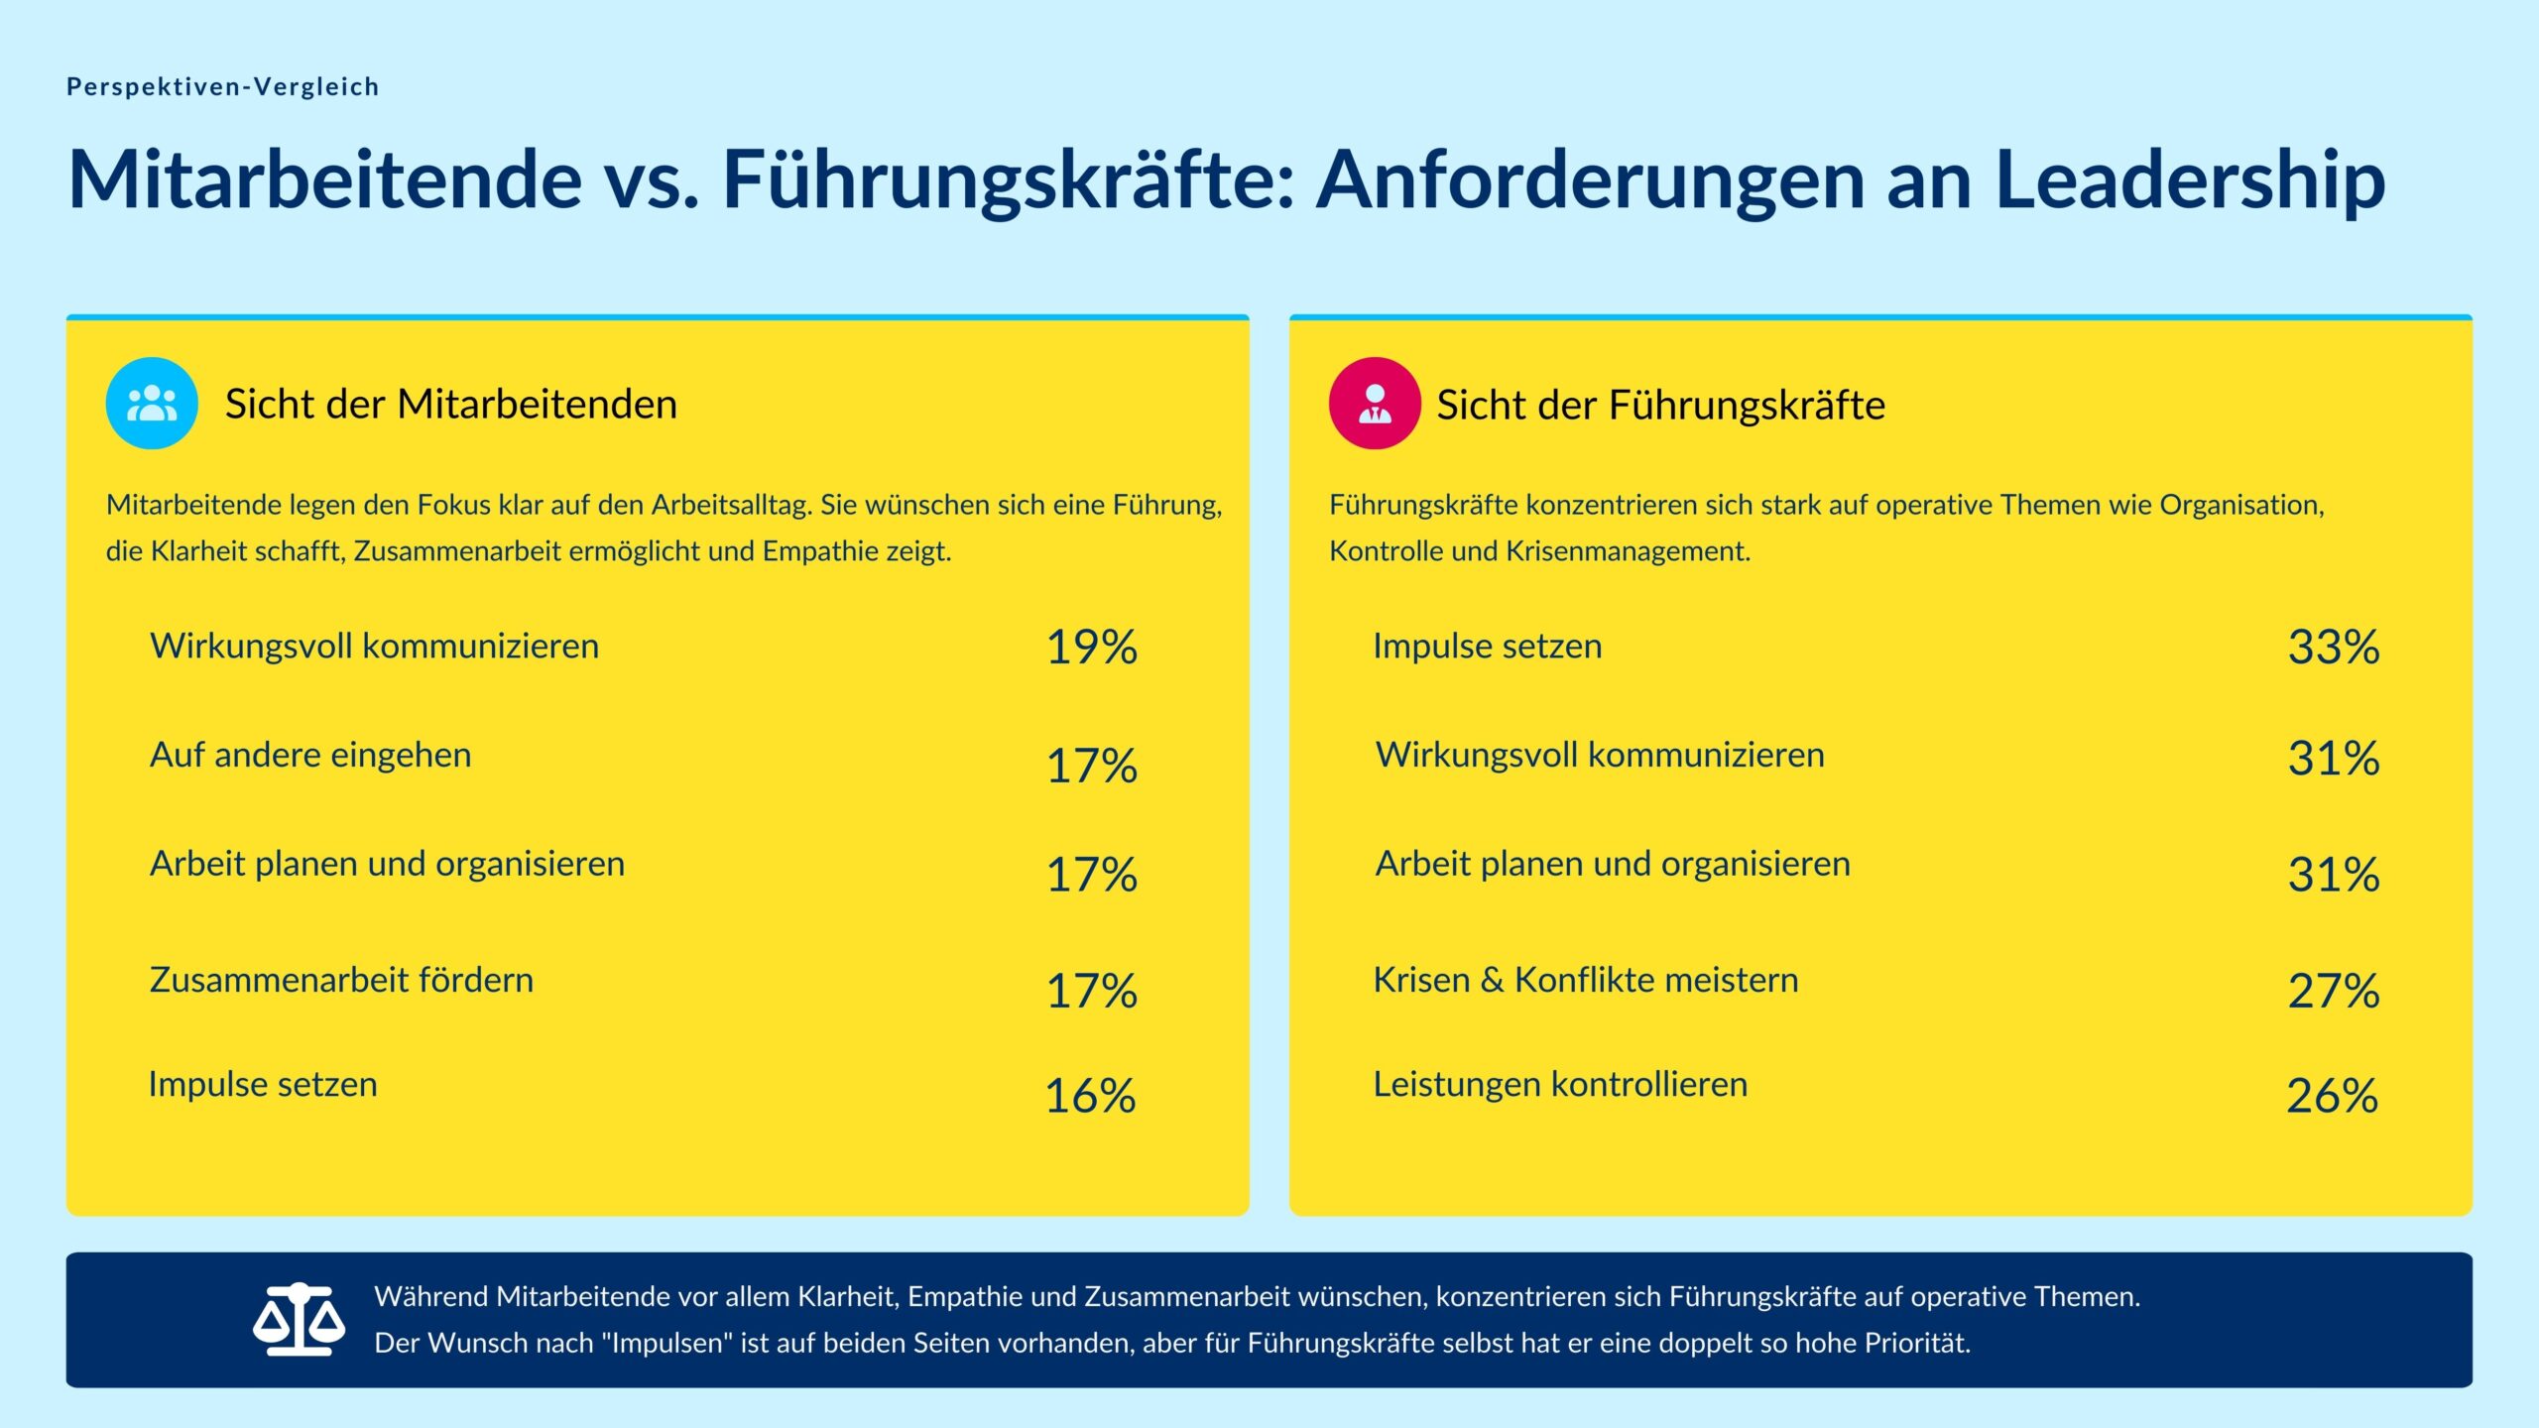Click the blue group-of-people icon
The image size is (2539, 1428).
click(152, 404)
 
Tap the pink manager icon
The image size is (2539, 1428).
click(1375, 404)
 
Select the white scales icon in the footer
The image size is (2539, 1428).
click(299, 1320)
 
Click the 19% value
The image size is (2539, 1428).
click(1091, 648)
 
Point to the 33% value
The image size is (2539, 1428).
click(2333, 648)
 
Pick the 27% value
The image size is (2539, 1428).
click(2333, 991)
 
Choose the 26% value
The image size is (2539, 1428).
click(2332, 1097)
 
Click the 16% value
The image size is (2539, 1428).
click(1090, 1097)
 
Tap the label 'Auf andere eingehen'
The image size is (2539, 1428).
click(310, 756)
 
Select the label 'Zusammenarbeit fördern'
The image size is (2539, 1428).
click(341, 981)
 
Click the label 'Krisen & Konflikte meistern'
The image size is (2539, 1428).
click(1585, 981)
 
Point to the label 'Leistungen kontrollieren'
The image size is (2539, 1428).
click(1560, 1085)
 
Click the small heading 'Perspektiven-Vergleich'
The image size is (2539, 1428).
click(222, 87)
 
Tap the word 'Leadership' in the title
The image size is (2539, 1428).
click(2190, 180)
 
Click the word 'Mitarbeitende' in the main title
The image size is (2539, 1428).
click(325, 180)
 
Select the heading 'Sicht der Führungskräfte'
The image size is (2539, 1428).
click(1660, 406)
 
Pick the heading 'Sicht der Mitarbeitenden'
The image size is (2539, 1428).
click(450, 405)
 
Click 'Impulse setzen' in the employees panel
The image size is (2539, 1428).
click(263, 1085)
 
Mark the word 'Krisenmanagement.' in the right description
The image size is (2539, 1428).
click(1628, 551)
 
